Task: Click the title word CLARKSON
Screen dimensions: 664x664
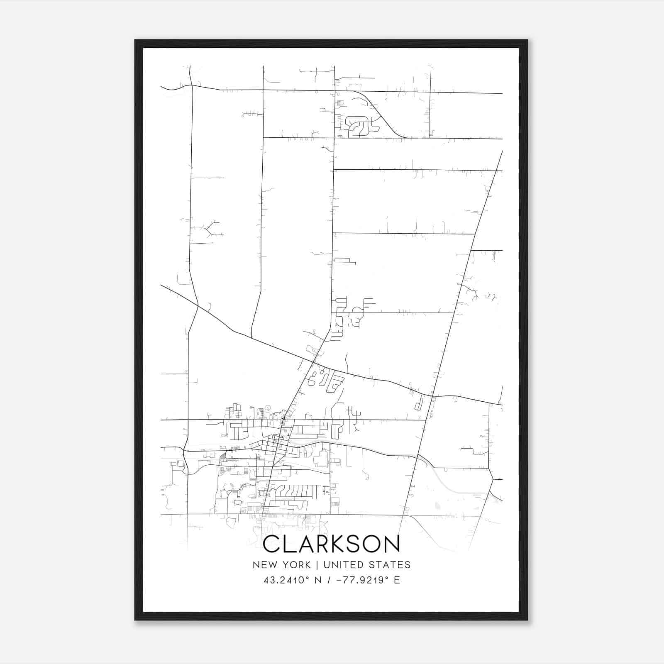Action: point(332,544)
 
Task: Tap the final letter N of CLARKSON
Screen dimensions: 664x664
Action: point(392,544)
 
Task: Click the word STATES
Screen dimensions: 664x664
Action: point(390,565)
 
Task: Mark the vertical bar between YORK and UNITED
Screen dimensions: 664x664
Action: point(317,565)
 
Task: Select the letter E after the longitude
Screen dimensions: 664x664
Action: point(397,580)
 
